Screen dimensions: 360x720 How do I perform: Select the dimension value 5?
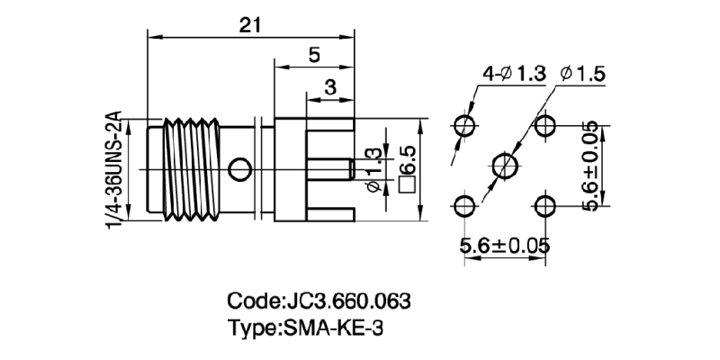pos(313,56)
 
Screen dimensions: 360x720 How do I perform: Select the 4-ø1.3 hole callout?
pos(514,75)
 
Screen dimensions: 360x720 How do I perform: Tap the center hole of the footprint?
pos(505,166)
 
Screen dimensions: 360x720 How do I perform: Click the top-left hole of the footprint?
pos(464,125)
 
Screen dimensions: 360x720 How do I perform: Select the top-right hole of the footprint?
pos(546,125)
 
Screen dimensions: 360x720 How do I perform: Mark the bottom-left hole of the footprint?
pos(464,206)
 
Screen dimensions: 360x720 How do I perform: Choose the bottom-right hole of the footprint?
pos(546,206)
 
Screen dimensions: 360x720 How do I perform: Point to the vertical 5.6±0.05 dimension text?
pos(591,166)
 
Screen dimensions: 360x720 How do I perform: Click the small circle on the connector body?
pos(239,168)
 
